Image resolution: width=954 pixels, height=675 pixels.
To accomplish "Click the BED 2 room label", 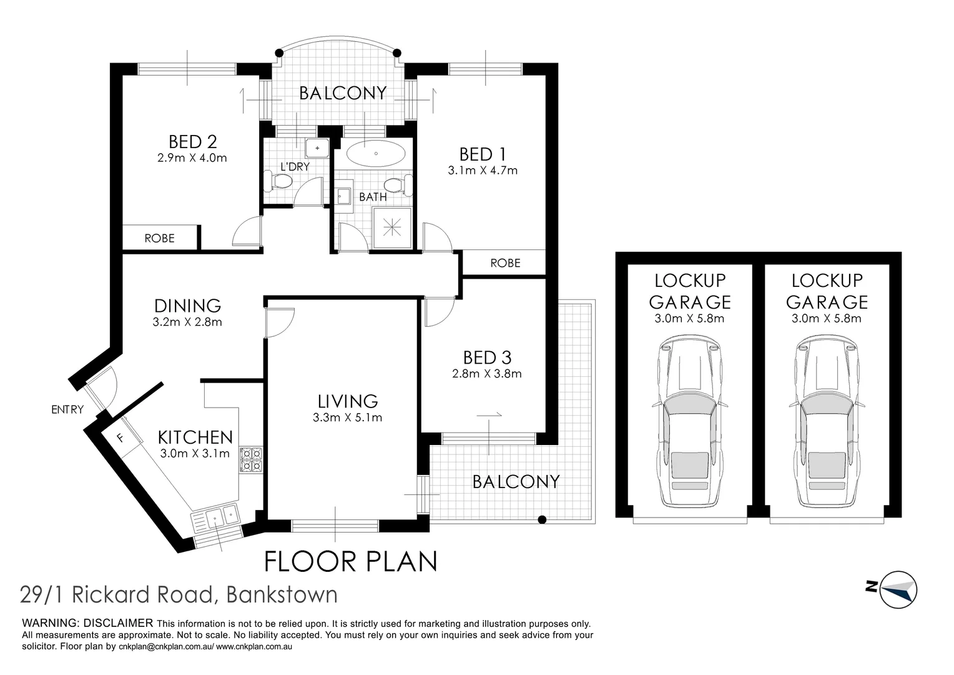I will [192, 141].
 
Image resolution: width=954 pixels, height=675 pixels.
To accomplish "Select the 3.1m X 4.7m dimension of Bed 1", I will [483, 170].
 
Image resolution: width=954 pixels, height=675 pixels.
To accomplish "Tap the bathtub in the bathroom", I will [376, 154].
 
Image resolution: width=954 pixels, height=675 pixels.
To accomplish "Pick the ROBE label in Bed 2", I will [159, 238].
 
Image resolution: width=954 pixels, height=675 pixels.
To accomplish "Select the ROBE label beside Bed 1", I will [505, 263].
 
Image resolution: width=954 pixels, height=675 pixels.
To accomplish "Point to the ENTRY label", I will [67, 410].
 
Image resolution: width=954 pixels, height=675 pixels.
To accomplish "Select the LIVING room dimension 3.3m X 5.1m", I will [347, 417].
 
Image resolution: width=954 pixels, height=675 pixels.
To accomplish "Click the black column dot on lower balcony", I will [542, 519].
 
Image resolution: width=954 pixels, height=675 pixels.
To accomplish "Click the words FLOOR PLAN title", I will [351, 561].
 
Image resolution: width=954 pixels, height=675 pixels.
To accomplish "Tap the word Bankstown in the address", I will [282, 594].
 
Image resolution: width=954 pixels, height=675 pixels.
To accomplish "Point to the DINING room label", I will [187, 306].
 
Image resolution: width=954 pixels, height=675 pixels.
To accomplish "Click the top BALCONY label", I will [342, 93].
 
